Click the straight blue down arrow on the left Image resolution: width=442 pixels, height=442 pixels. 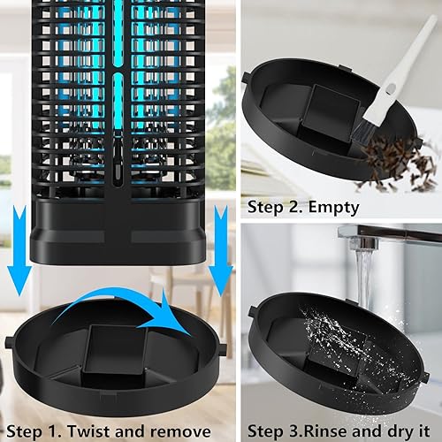tap(15, 265)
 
